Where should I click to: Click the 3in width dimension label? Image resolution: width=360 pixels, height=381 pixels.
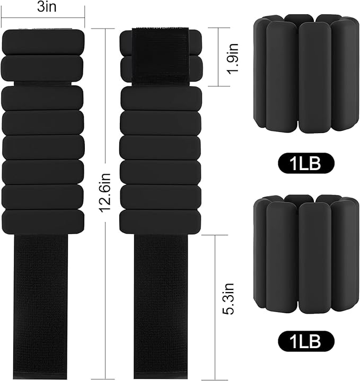(x=47, y=7)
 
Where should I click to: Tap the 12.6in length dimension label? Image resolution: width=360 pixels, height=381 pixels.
(x=106, y=192)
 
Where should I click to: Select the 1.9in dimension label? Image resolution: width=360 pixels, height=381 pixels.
(x=232, y=58)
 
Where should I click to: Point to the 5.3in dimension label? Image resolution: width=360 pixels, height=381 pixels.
(x=229, y=299)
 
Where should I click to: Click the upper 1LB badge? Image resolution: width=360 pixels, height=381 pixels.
(x=306, y=163)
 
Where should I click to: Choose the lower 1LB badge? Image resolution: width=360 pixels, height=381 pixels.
(x=306, y=341)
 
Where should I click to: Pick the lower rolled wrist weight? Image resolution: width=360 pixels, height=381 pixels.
(x=306, y=254)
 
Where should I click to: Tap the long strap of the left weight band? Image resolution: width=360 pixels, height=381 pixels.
(x=41, y=305)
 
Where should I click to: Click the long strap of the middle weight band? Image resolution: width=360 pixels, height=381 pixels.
(x=161, y=305)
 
